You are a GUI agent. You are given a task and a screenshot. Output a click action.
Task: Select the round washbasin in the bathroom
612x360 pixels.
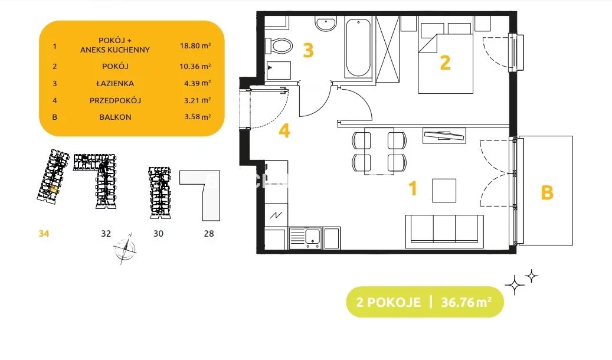pos(326,24)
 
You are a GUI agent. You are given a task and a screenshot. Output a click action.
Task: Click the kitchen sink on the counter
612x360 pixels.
pos(305,238)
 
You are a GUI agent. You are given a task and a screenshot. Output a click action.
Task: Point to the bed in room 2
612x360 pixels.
pos(446,58)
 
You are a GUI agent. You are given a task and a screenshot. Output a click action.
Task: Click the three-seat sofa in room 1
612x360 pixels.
pos(444,231)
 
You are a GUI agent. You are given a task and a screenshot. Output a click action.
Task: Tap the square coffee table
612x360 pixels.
pos(444,191)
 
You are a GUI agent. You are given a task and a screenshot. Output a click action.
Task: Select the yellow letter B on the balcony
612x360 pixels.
pos(547,192)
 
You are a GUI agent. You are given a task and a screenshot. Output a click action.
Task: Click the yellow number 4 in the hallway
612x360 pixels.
pos(284,131)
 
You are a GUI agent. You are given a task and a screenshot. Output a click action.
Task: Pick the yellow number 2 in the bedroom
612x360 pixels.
pos(445,63)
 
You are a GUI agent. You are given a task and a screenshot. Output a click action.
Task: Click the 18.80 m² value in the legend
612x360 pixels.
pos(195,45)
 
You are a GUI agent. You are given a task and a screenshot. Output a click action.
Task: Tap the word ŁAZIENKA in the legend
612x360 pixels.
pos(115,83)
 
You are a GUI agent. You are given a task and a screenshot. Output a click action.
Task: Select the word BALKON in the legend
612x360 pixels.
pos(115,117)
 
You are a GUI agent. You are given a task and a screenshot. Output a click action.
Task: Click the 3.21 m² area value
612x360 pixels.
pos(198,100)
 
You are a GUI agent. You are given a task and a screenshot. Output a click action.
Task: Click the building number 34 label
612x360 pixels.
pos(44,234)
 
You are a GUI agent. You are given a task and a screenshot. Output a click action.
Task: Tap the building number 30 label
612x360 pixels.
pos(158,234)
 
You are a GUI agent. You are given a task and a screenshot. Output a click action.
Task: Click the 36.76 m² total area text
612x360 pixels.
pos(466,302)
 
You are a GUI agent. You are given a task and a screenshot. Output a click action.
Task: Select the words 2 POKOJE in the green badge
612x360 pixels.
pos(388,302)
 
